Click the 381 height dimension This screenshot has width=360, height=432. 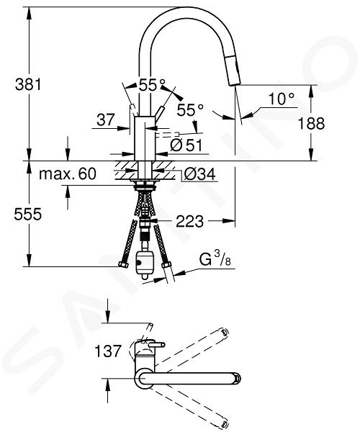[x=28, y=84]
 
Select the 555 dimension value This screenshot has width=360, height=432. [x=28, y=214]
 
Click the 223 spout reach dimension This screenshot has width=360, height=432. [x=190, y=221]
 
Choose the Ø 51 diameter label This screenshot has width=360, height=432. [x=186, y=145]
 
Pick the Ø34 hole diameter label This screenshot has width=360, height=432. [x=199, y=174]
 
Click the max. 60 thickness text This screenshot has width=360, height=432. [x=68, y=174]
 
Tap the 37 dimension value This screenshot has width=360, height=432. [x=106, y=120]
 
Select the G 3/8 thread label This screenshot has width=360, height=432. [x=215, y=259]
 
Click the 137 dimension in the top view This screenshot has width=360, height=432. [x=108, y=351]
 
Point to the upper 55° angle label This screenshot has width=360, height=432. [x=152, y=85]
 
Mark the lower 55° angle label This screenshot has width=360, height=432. [x=190, y=110]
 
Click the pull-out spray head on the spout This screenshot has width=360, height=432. [x=233, y=70]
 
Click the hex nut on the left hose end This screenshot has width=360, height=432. [x=123, y=265]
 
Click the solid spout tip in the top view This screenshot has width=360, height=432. [x=237, y=378]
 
